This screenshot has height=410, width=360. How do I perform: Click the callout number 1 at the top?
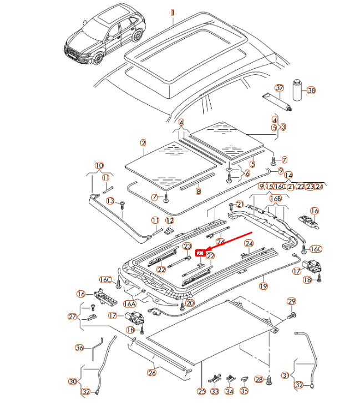(172, 12)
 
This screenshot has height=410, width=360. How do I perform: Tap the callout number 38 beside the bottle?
(311, 90)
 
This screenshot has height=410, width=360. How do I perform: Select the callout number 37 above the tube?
(280, 88)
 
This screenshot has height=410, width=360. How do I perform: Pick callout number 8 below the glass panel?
(198, 191)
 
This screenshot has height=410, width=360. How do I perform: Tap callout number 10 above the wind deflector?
(99, 165)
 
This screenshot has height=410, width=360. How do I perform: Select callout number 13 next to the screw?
(110, 201)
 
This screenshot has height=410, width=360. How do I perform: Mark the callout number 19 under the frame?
(263, 286)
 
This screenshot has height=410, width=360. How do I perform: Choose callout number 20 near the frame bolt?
(190, 303)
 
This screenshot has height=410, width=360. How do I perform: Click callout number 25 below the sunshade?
(201, 391)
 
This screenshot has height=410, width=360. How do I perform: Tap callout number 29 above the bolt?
(292, 301)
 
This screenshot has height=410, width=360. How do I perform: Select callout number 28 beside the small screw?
(258, 379)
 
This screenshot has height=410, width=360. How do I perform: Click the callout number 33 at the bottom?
(215, 391)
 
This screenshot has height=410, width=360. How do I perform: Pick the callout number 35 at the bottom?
(245, 391)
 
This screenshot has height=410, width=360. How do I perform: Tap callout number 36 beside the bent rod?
(79, 348)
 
